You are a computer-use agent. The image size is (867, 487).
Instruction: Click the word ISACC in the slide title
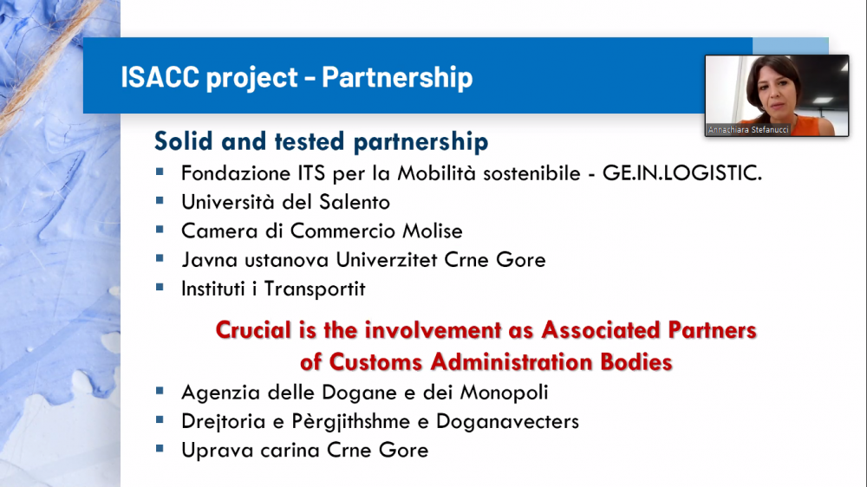160,76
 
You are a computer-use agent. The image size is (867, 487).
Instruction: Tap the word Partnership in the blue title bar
397,77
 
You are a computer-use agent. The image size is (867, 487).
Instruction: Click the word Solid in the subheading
183,141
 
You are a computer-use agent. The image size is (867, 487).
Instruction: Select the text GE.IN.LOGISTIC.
681,173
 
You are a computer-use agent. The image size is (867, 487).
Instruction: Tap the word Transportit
315,289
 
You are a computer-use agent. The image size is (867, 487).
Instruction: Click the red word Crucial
253,330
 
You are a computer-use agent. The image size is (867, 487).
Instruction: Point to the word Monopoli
504,393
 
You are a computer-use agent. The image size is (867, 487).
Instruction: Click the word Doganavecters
507,421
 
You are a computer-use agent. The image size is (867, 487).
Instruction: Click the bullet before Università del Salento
160,201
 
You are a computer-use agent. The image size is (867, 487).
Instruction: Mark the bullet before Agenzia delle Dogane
160,391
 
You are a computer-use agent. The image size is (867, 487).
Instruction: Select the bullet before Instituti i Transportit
160,287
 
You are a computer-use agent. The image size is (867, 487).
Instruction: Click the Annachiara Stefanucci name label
748,130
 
